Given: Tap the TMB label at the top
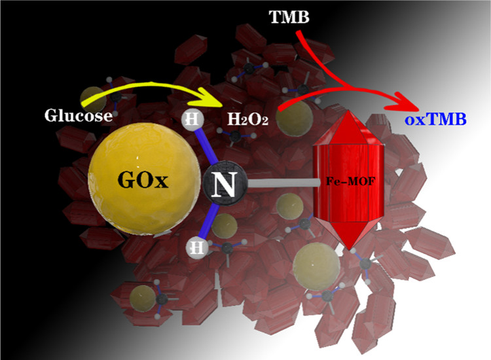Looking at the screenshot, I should pos(289,20).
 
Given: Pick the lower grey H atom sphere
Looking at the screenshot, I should pos(195,247).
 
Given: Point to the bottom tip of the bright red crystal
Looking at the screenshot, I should pos(352,249).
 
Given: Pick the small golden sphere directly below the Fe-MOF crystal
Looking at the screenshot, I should pos(312,267).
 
